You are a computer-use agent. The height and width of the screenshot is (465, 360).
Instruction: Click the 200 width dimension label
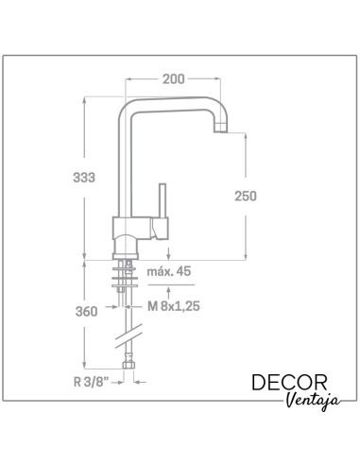pos(173,79)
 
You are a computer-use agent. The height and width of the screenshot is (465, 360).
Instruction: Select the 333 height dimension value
pos(84,178)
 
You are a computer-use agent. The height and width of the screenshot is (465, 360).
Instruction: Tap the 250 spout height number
pos(246,196)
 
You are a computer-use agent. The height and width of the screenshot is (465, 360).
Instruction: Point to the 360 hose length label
pos(86,312)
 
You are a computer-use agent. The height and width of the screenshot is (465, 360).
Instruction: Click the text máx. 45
pos(169,271)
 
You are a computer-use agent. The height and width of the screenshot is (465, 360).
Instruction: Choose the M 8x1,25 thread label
pos(174,306)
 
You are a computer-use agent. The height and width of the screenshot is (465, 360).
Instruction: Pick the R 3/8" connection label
pos(91,382)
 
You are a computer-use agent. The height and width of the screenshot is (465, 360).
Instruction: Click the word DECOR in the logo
pos(289,383)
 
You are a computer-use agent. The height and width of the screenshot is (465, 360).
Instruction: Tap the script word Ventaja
pos(313,401)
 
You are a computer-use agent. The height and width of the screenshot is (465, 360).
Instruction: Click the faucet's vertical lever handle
pos(163,200)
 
